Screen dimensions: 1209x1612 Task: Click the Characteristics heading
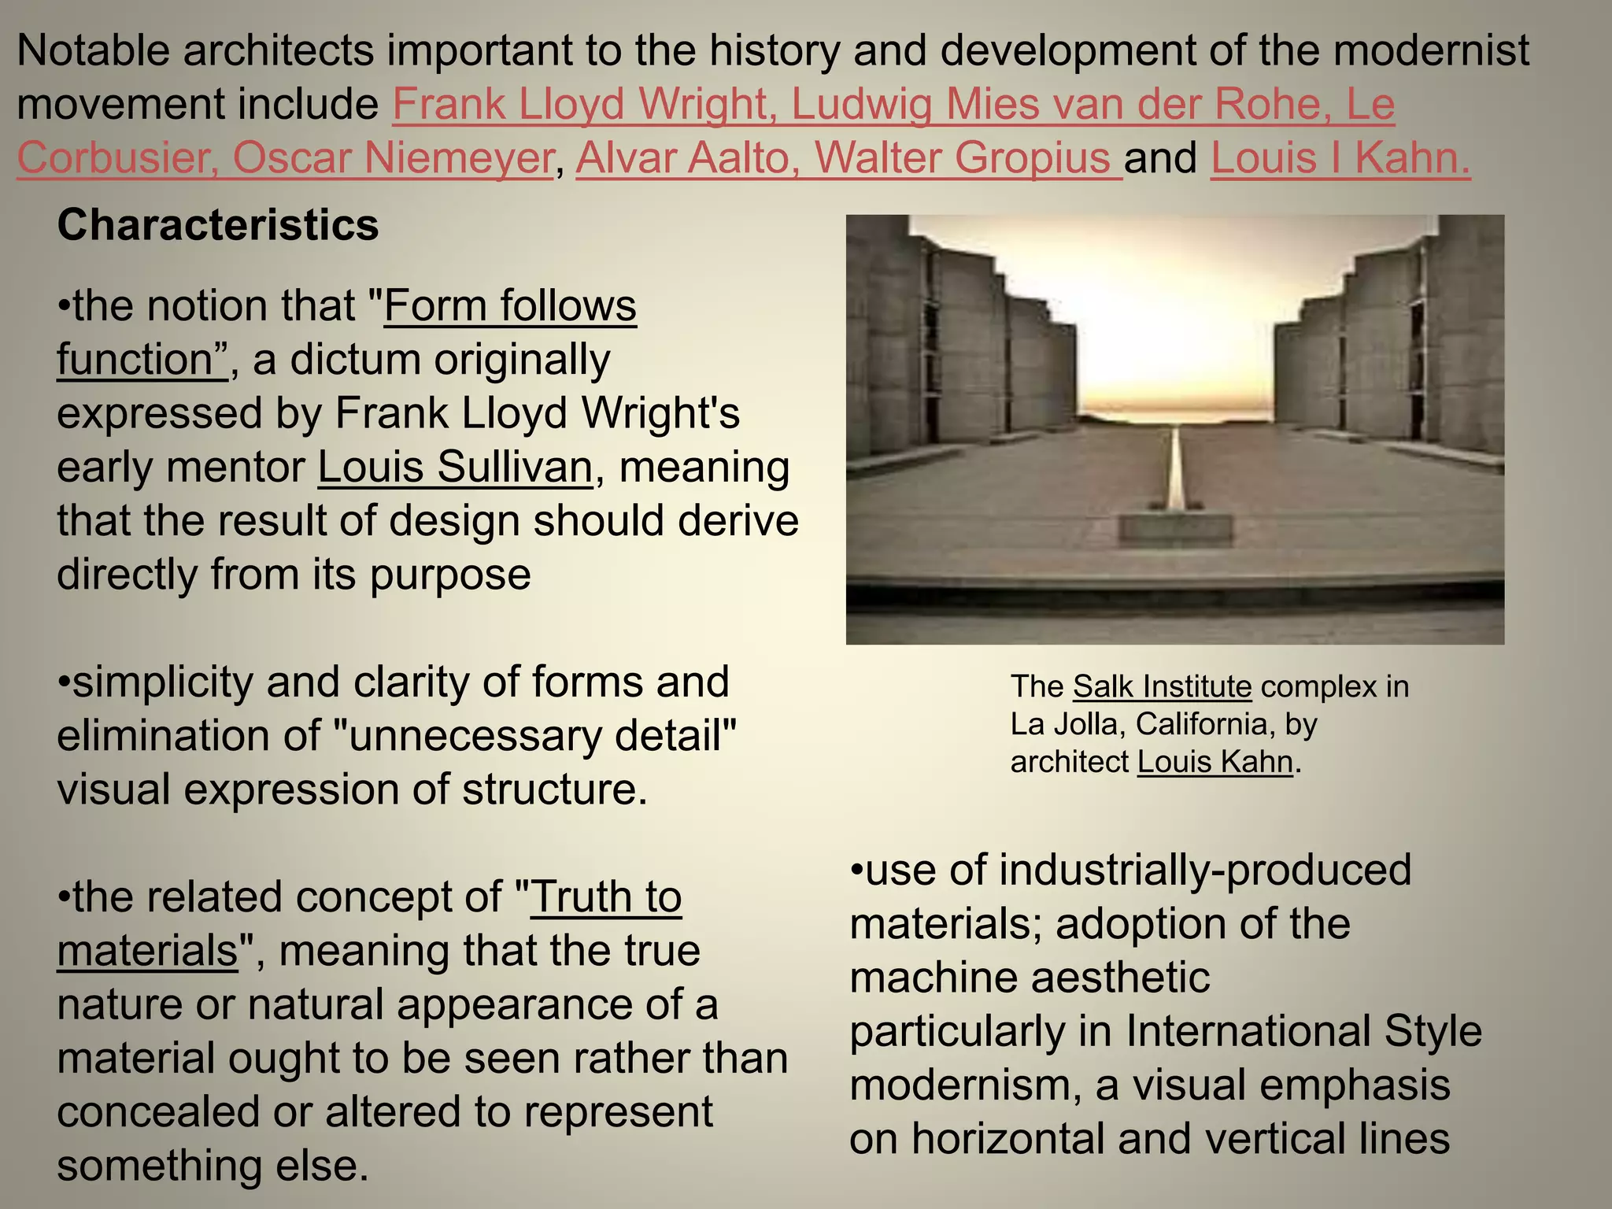coord(218,226)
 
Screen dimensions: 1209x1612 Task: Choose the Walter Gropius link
coord(963,158)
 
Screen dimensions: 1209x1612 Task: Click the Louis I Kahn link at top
coord(1340,158)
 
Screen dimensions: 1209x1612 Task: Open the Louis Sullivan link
coord(455,468)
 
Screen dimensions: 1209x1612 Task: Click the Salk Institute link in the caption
coord(1162,687)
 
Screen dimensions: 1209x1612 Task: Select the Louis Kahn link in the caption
coord(1215,762)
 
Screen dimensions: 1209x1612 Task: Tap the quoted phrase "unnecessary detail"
coord(536,736)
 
